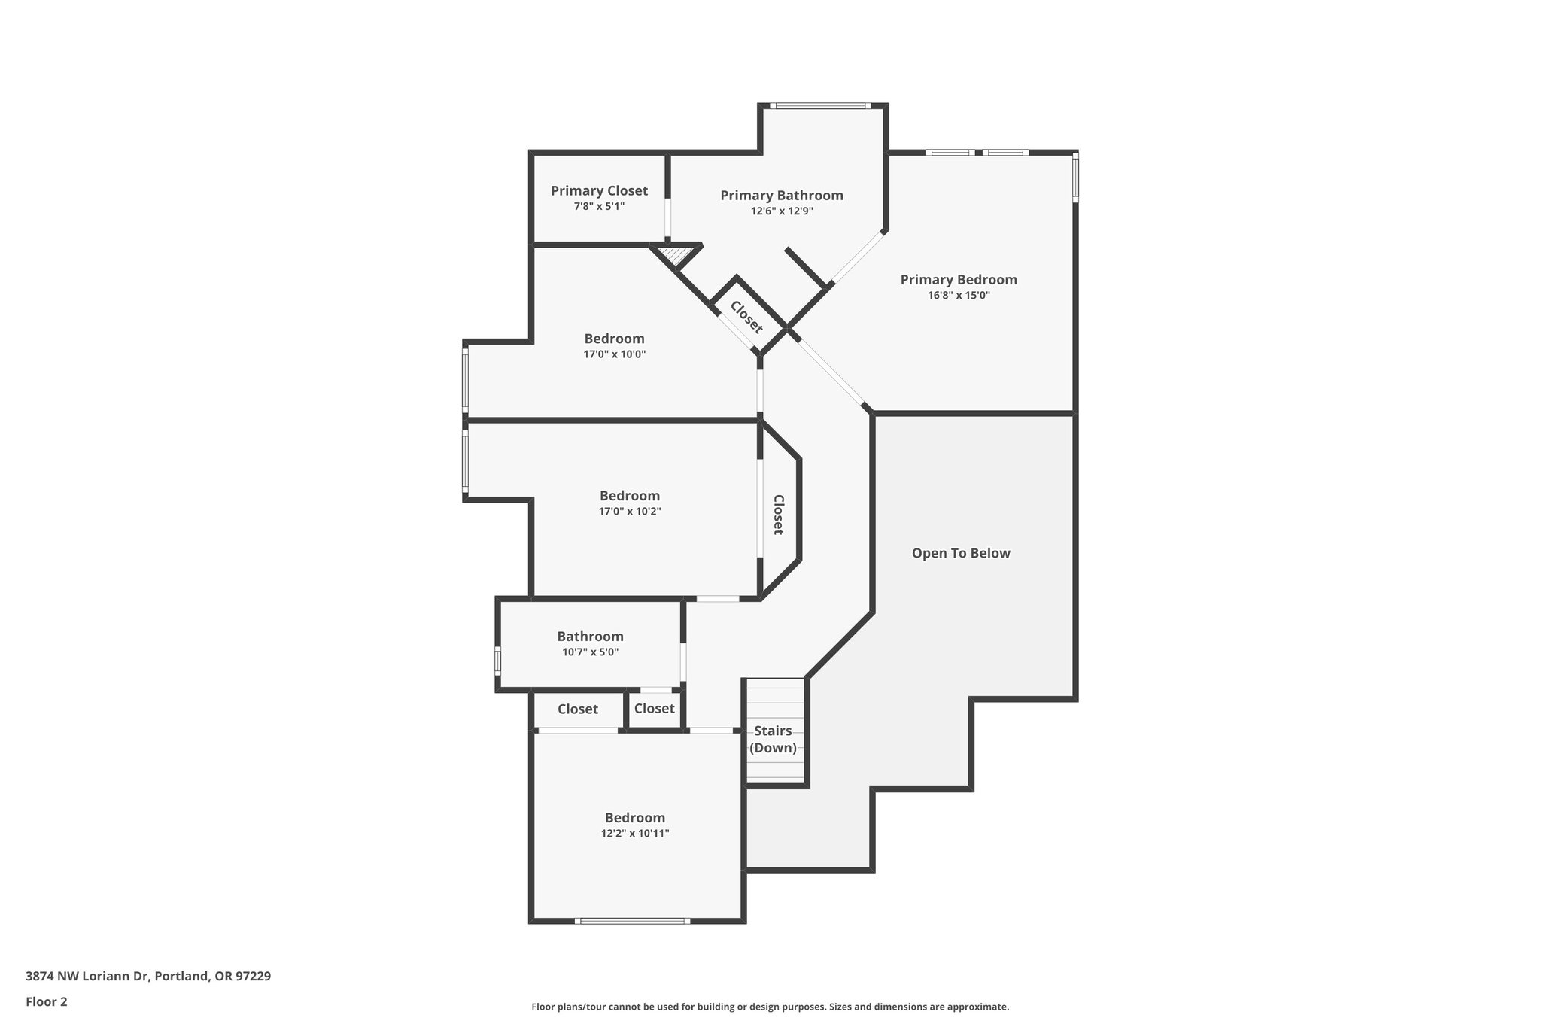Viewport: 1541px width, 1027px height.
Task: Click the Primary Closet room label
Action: pos(599,191)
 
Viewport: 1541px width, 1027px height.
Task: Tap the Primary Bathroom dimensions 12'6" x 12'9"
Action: pos(782,211)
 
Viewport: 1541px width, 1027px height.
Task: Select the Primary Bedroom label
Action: pos(959,280)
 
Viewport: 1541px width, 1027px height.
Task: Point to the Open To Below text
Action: pos(961,553)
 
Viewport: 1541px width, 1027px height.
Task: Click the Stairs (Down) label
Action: pos(774,740)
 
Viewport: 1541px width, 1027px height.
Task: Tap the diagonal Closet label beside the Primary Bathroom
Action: pos(746,317)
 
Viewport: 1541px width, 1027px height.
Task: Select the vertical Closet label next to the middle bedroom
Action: pos(779,515)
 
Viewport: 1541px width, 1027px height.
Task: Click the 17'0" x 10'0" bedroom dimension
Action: pos(614,354)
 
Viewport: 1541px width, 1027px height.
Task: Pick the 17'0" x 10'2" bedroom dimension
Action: pos(630,512)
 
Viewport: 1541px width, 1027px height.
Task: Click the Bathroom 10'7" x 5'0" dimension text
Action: pos(590,652)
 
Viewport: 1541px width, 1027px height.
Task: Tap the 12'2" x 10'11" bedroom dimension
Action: pos(635,834)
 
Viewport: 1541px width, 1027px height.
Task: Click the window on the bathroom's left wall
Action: pos(497,661)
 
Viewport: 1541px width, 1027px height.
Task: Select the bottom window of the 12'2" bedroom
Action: pos(633,921)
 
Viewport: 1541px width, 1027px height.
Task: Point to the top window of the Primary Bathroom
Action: pos(820,105)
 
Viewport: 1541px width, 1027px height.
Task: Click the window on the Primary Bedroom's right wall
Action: pos(1075,178)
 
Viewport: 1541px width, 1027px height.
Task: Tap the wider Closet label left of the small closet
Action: pos(578,709)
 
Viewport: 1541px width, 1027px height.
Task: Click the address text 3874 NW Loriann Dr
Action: pos(148,977)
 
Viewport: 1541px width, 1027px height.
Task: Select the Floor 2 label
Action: pos(47,1002)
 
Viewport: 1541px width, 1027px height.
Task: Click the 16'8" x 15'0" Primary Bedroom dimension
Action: pos(959,296)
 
